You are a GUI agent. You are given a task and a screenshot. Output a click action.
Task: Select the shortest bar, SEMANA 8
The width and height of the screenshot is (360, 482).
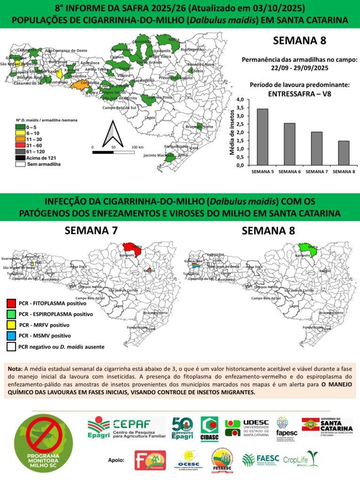344,153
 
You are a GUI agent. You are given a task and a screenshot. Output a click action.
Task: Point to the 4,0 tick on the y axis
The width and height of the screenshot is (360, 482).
240,100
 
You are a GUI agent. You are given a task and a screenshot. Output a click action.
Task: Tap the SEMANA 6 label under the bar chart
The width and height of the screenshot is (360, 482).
289,172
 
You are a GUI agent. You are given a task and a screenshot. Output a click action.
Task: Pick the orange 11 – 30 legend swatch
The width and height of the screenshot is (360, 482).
20,140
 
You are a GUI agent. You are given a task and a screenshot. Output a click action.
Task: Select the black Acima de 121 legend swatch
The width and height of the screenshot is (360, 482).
20,159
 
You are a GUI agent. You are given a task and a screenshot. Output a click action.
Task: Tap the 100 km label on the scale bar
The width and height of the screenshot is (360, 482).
137,147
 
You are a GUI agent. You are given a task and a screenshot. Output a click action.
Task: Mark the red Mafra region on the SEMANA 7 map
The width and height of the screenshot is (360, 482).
131,248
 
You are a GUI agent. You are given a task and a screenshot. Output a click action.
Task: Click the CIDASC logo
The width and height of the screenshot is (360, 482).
209,428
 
